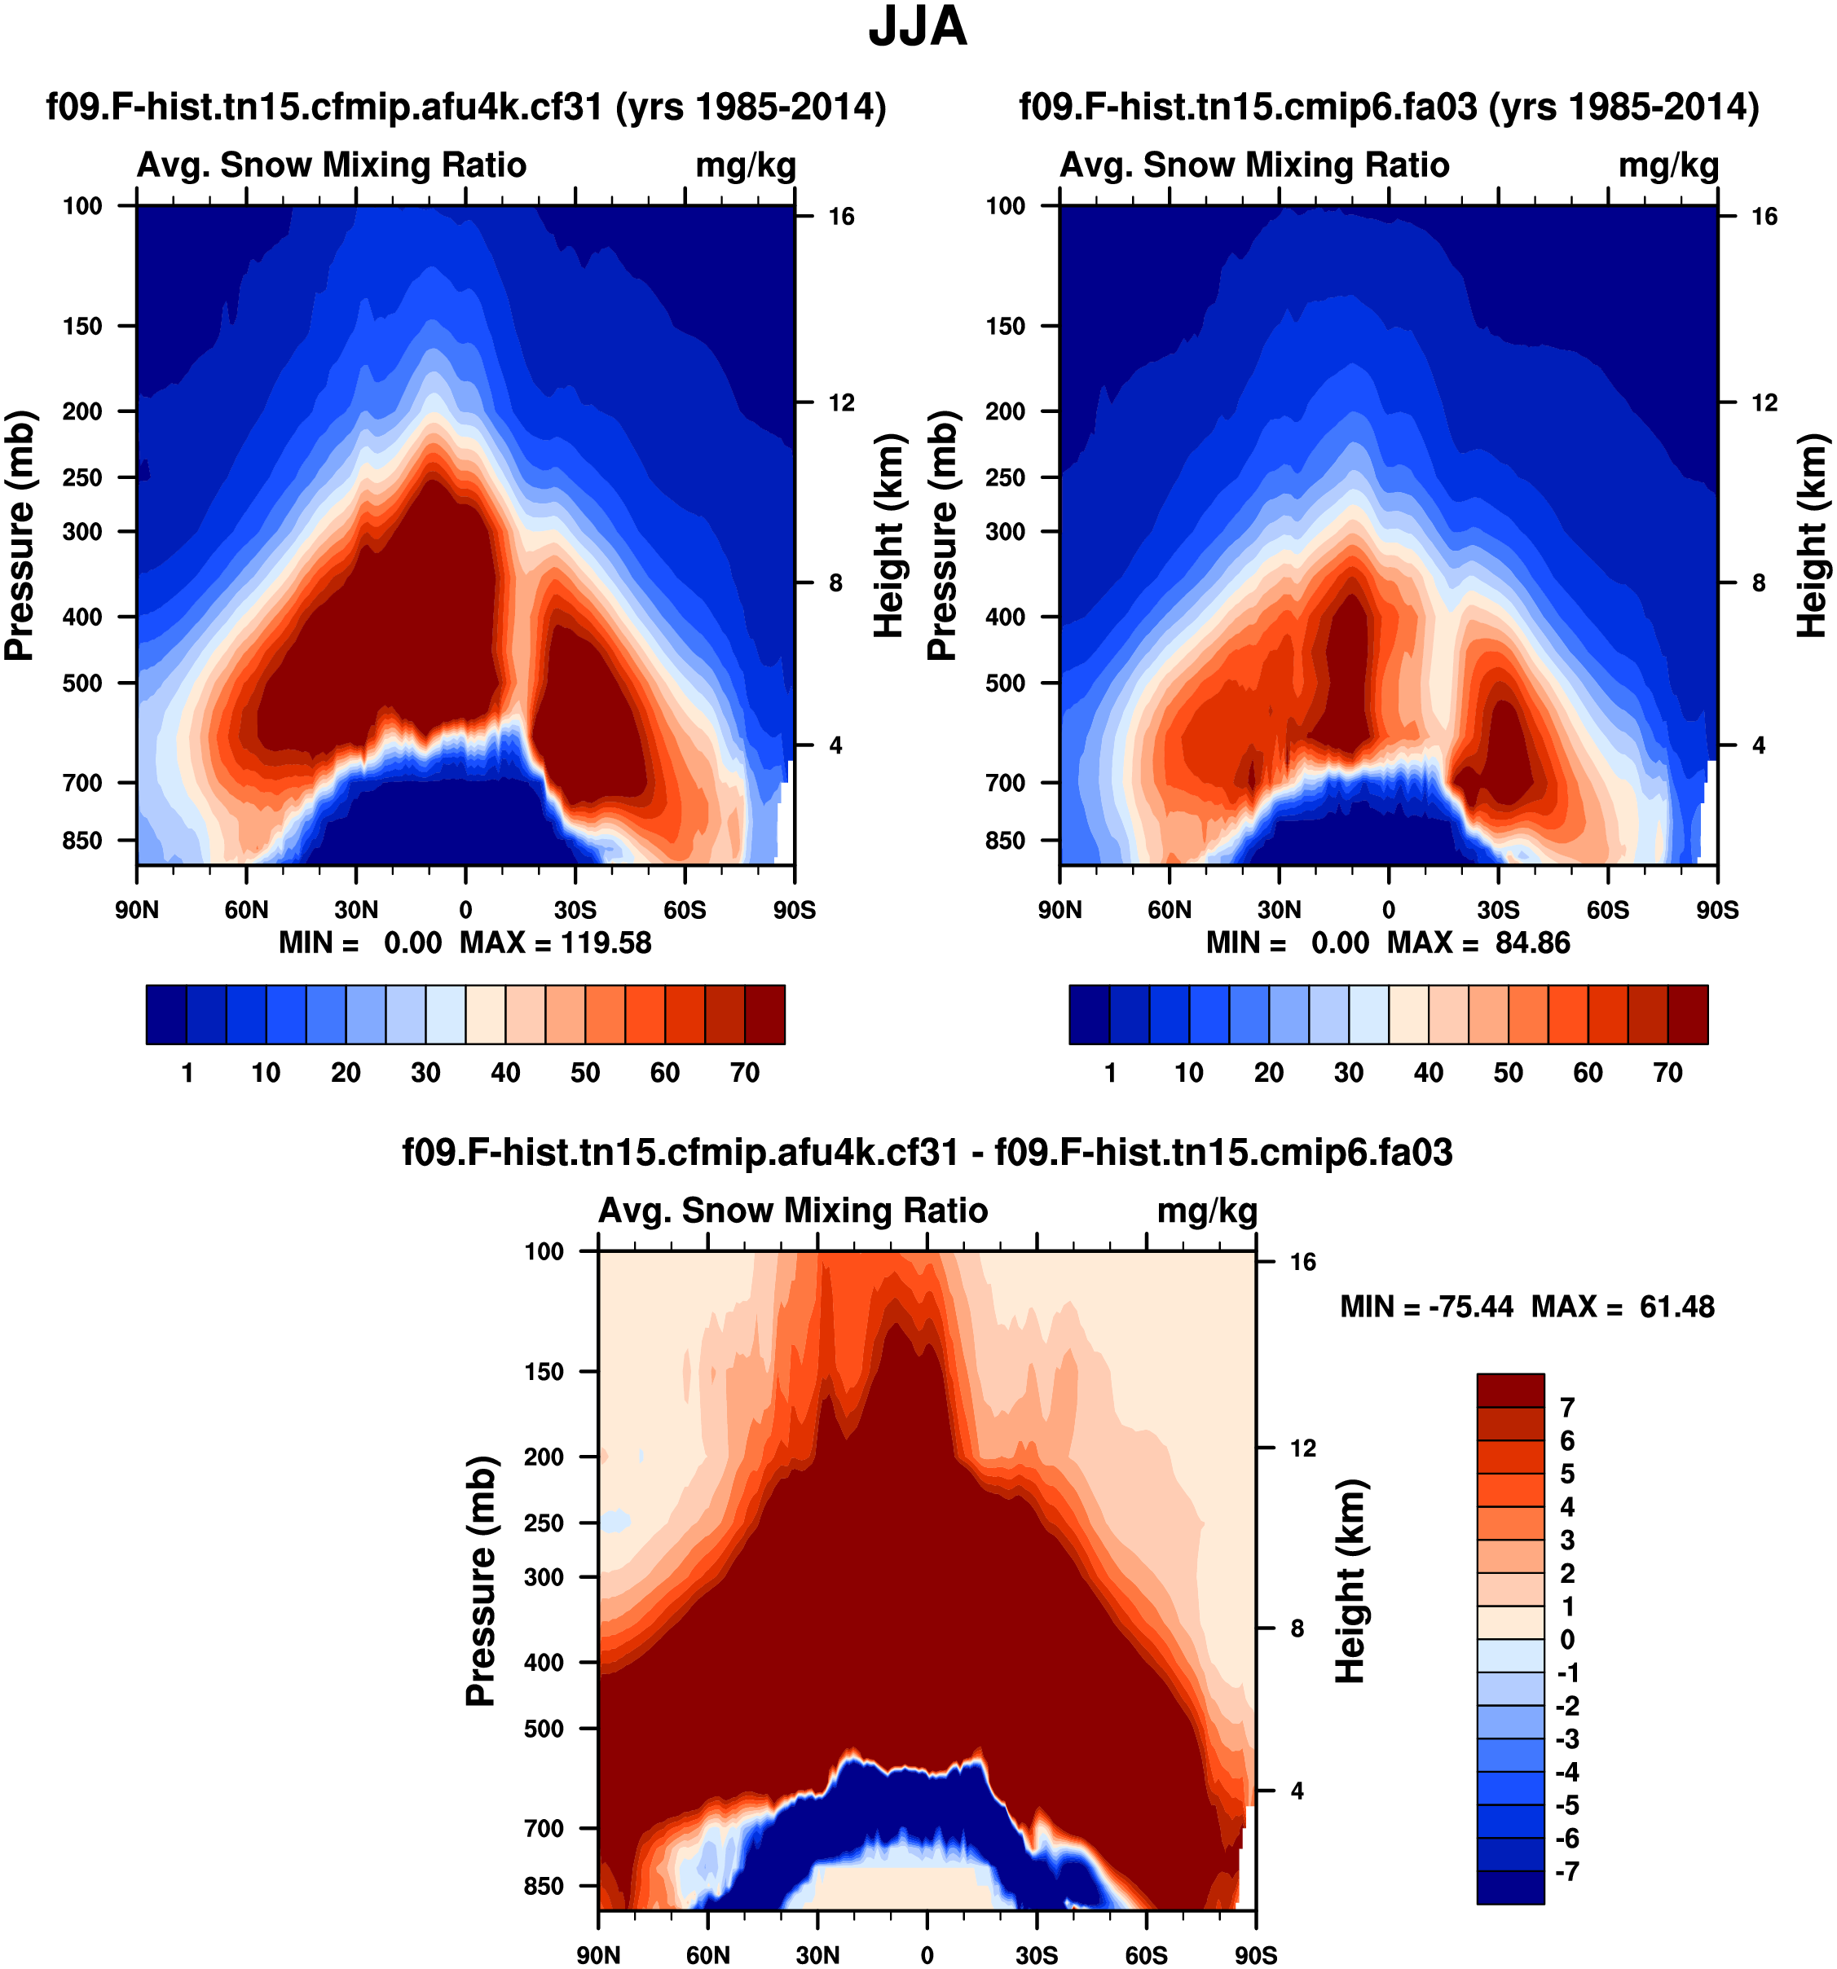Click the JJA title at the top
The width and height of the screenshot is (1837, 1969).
coord(917,27)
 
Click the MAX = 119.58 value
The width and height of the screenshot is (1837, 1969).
coord(555,942)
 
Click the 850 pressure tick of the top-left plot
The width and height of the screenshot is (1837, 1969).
coord(82,840)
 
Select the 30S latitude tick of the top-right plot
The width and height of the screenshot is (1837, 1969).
coord(1497,909)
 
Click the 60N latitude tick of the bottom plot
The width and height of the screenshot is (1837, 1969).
coord(707,1954)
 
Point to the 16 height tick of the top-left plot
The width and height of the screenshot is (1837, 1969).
coord(840,216)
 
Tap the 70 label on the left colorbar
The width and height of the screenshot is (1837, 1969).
coord(744,1073)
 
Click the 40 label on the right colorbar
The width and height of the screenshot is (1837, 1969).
coord(1428,1073)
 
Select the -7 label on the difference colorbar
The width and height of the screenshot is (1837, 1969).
coord(1566,1871)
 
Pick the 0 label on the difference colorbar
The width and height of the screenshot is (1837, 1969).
coord(1566,1639)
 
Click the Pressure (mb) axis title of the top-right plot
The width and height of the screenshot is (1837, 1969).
coord(942,535)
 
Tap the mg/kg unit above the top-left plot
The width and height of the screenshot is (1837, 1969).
coord(745,165)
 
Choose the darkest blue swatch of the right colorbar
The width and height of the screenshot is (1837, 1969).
coord(1089,1014)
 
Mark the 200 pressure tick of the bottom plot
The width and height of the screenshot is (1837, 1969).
coord(544,1456)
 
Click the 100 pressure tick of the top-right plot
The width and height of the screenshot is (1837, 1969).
coord(1005,206)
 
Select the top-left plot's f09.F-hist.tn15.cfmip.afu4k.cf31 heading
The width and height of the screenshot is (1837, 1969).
coord(465,106)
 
